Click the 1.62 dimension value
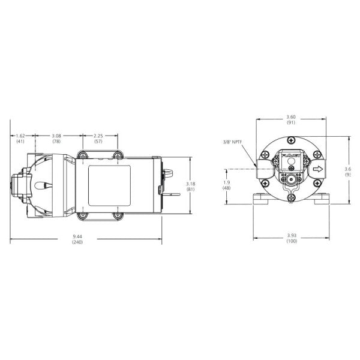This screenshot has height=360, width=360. [x=20, y=136]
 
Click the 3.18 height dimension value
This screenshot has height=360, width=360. [x=190, y=183]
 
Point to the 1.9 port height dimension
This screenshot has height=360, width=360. [x=226, y=182]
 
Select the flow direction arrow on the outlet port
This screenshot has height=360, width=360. [x=317, y=169]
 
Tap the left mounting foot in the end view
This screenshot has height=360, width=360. [x=260, y=201]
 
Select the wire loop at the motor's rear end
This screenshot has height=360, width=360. [x=168, y=176]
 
